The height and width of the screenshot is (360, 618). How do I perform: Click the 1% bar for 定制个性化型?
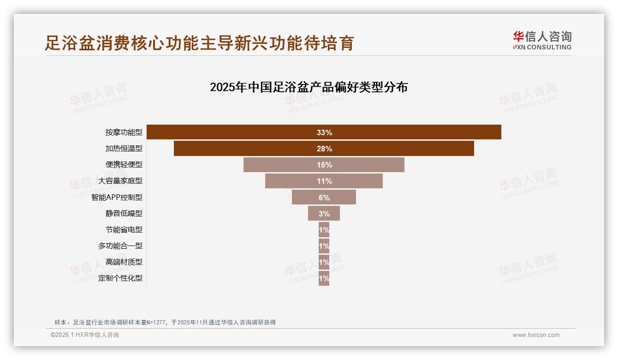[324, 278]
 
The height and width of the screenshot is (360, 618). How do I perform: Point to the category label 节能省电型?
[124, 229]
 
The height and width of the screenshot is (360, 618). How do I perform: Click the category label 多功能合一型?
[120, 246]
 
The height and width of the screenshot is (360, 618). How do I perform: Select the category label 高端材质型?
[124, 262]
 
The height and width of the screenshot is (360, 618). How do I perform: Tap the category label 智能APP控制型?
[117, 198]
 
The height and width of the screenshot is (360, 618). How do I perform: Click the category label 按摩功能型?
[124, 132]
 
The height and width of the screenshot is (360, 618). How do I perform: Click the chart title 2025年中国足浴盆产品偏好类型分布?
[309, 87]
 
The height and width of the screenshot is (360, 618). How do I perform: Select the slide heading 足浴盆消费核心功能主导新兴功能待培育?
[199, 43]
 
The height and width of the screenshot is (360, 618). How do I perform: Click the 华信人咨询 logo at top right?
[542, 41]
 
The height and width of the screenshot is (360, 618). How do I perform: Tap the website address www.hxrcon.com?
[536, 335]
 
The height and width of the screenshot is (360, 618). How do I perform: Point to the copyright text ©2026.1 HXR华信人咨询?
[84, 335]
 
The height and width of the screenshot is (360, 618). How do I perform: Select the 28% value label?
[324, 149]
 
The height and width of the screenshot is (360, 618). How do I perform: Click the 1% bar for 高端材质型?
[324, 262]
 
